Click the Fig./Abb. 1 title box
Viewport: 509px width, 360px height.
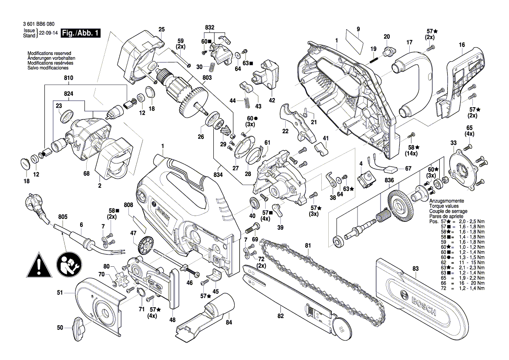coord(81,33)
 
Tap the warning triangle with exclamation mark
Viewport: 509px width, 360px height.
coord(40,264)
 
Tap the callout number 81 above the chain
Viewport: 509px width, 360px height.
coord(308,246)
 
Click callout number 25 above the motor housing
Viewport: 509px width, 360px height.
coord(162,30)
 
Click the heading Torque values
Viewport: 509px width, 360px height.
coord(443,206)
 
